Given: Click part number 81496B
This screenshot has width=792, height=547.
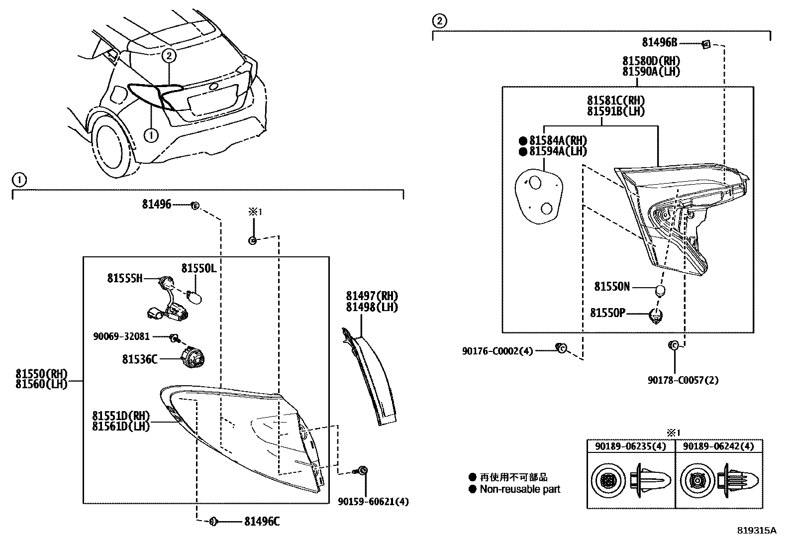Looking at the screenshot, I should coord(659,42).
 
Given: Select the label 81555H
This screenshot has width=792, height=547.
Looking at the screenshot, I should coord(124,278).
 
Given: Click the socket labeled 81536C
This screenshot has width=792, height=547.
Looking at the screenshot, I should coord(193,359).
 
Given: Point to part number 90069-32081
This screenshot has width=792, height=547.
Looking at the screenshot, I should coord(121,336).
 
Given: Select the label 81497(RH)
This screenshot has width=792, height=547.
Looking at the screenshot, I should coord(372,296).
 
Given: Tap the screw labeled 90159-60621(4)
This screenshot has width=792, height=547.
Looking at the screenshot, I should coord(362,470).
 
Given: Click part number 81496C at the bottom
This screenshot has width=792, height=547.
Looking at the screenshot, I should coord(262,521).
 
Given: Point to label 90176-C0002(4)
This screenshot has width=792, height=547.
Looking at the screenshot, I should coord(497,351).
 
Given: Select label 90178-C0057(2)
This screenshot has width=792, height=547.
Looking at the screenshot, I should coord(683,380).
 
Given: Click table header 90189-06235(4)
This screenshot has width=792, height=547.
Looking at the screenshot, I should coord(631,446).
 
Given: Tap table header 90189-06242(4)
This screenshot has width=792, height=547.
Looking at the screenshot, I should coord(718,446).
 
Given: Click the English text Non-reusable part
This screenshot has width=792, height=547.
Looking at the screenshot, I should coord(520,489).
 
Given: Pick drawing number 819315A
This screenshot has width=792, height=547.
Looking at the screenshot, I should coord(757,530).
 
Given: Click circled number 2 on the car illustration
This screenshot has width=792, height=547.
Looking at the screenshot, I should coord(169,55).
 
